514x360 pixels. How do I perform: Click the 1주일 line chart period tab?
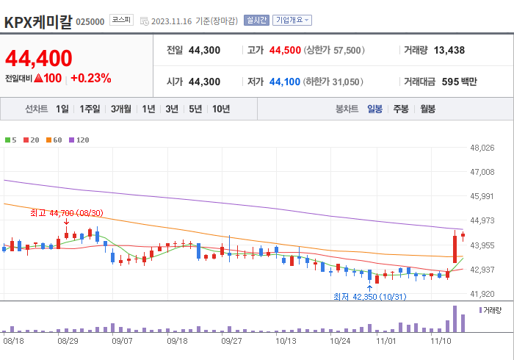tap(90, 109)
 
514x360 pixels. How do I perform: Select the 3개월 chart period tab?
tap(121, 109)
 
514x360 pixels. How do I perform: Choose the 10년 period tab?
tap(220, 109)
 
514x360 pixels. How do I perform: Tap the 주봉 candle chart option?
tap(401, 109)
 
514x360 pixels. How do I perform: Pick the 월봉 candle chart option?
tap(427, 109)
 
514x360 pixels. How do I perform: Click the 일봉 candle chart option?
tap(374, 109)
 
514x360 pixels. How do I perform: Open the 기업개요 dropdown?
tap(292, 21)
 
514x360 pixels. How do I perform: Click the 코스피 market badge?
tap(120, 21)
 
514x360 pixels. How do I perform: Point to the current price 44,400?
tap(39, 58)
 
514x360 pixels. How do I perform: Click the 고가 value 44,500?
tap(284, 51)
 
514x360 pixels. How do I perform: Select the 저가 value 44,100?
tap(284, 82)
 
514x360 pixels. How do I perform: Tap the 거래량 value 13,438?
tap(449, 51)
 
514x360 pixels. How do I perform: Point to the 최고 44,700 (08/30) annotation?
tap(66, 213)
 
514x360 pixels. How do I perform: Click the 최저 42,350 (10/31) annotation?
tap(369, 297)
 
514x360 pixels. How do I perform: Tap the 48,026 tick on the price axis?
tap(482, 148)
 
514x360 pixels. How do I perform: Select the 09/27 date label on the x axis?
tap(231, 341)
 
